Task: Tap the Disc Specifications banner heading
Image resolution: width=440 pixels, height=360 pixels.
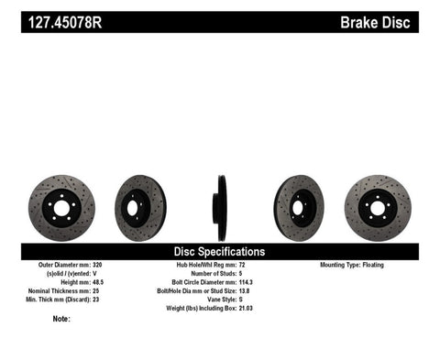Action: pyautogui.click(x=219, y=251)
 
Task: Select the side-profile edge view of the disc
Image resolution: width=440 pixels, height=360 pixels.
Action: pyautogui.click(x=220, y=208)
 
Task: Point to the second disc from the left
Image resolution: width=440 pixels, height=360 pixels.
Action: pyautogui.click(x=140, y=208)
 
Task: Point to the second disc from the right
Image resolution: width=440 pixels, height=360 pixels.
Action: pyautogui.click(x=299, y=208)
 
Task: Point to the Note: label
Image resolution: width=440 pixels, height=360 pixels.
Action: pyautogui.click(x=62, y=320)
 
